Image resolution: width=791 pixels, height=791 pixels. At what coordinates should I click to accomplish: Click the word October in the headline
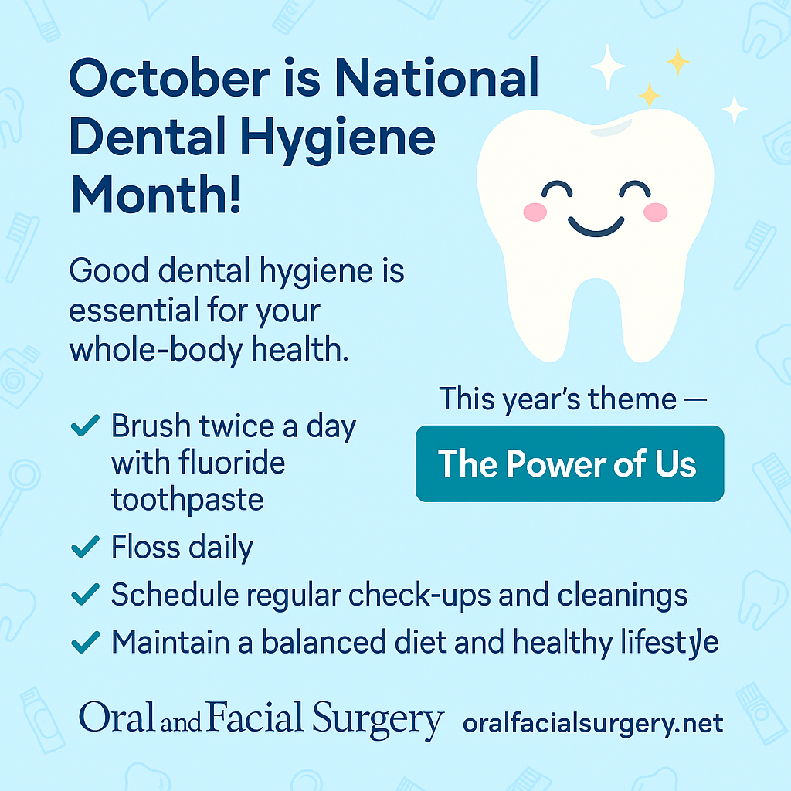[x=169, y=78]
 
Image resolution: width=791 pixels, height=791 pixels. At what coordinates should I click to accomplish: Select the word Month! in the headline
[x=155, y=194]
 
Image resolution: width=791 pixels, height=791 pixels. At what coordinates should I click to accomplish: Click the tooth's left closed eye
[x=557, y=188]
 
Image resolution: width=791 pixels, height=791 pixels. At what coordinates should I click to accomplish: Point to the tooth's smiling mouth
[x=596, y=226]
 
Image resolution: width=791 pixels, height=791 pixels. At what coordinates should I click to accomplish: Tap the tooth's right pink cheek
[x=655, y=212]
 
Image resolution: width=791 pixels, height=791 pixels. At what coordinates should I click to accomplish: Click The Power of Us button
[x=569, y=463]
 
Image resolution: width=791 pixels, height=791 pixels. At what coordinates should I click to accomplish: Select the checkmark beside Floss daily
[x=85, y=547]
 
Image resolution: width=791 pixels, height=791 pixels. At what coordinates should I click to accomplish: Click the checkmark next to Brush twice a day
[x=85, y=426]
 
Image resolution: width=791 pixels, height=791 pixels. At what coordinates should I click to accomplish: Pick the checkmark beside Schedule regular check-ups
[x=85, y=594]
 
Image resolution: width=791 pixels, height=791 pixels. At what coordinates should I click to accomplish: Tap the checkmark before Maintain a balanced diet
[x=85, y=642]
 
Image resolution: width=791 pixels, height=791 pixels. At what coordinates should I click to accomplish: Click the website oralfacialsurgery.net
[x=593, y=724]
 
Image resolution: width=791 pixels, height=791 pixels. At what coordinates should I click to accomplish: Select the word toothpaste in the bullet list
[x=187, y=501]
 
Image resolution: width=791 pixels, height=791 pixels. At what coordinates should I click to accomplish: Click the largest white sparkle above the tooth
[x=608, y=66]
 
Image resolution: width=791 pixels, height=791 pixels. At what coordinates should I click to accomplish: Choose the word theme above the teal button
[x=632, y=399]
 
